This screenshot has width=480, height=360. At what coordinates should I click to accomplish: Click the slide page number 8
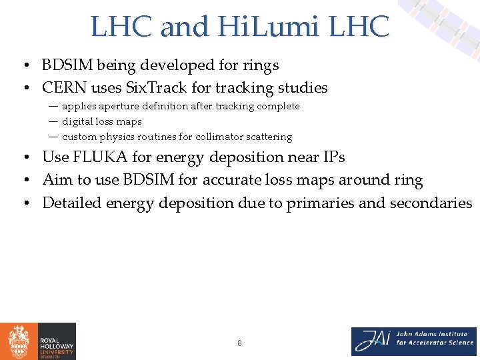tap(239, 343)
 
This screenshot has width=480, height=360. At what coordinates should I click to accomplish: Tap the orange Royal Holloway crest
tap(18, 341)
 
